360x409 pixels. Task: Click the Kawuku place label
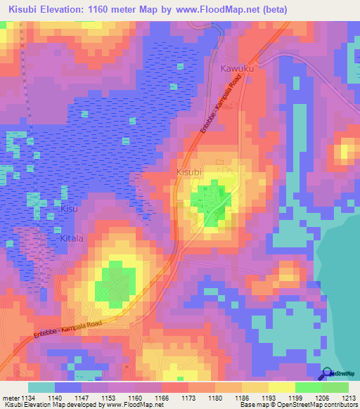pyautogui.click(x=236, y=69)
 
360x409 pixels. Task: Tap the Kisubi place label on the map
pyautogui.click(x=189, y=171)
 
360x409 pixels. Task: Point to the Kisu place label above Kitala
pyautogui.click(x=68, y=209)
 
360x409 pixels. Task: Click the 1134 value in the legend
pyautogui.click(x=28, y=397)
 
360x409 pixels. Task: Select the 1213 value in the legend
pyautogui.click(x=349, y=397)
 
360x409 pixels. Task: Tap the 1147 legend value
pyautogui.click(x=82, y=397)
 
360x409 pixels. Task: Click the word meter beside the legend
pyautogui.click(x=9, y=397)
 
